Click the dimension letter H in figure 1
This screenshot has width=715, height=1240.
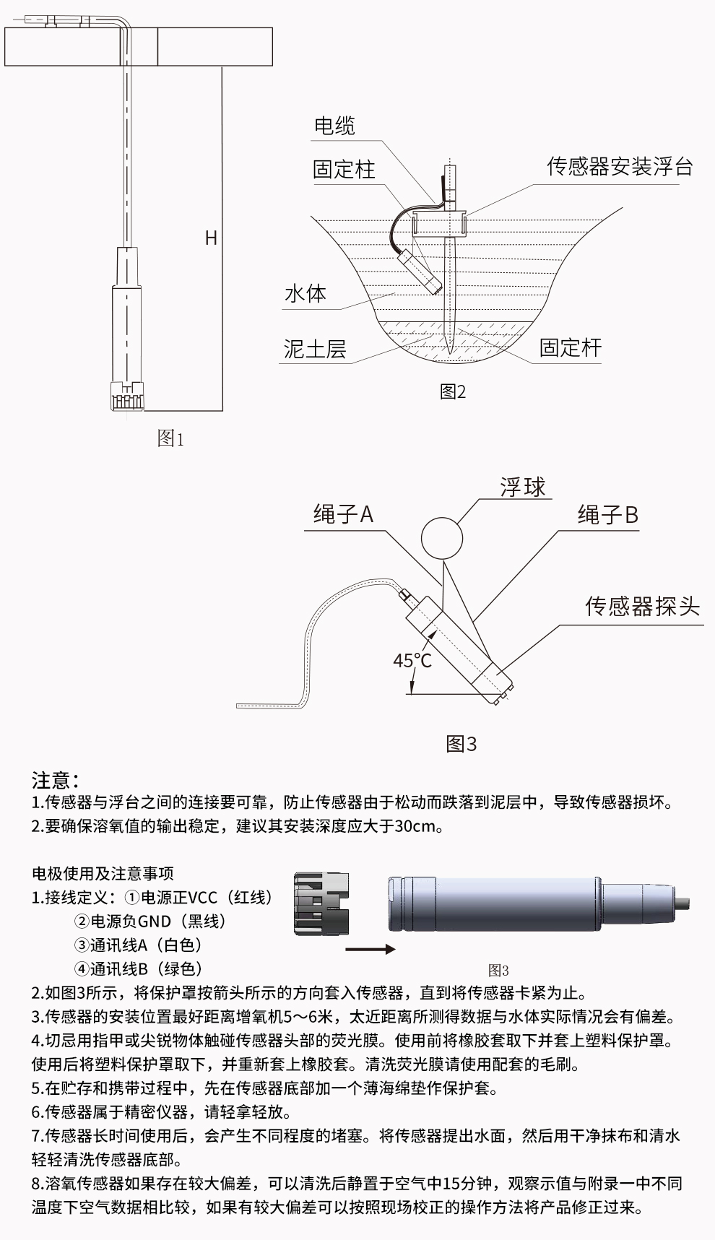211,238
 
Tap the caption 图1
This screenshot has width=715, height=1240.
170,438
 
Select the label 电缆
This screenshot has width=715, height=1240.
334,126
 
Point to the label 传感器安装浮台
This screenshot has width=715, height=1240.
620,167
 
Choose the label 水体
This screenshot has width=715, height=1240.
305,293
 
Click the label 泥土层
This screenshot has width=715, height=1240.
315,350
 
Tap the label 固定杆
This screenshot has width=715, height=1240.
570,347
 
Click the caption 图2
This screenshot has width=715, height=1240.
453,391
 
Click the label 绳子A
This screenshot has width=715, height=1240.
343,514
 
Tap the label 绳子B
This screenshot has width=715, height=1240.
607,515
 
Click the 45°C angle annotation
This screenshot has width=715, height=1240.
412,660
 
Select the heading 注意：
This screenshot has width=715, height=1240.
56,780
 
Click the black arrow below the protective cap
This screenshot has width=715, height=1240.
370,949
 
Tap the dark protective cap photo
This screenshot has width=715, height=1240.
321,903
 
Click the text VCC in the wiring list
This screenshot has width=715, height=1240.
202,898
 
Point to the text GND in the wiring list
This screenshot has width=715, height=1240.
154,922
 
